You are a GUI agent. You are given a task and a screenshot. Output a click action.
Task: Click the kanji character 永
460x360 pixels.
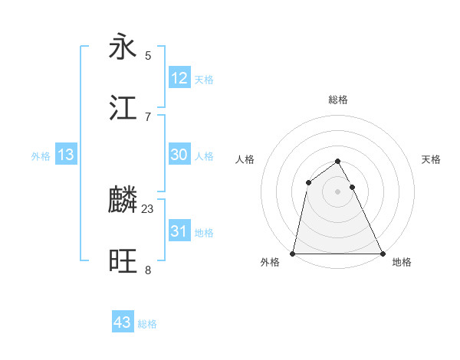123,47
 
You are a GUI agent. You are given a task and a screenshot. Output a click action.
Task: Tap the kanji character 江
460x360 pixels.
123,108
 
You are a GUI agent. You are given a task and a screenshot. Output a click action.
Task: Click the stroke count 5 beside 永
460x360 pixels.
148,55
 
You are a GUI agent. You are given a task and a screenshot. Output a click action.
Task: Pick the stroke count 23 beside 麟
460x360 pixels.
148,208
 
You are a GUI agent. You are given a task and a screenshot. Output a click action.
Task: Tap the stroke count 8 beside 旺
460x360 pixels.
148,270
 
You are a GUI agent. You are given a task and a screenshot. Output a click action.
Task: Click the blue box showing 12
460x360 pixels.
179,78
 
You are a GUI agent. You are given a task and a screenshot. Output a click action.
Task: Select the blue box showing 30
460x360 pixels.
179,155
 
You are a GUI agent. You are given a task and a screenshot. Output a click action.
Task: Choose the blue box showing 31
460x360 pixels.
179,231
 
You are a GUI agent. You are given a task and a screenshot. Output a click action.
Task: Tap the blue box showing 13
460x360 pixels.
66,155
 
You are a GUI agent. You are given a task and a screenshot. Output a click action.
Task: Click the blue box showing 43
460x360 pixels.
123,322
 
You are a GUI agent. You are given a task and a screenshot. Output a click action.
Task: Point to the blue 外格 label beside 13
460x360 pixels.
41,156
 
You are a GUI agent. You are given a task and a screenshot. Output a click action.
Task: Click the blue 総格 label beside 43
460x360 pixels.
147,324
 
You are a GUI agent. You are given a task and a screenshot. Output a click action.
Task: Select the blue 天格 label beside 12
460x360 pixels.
204,80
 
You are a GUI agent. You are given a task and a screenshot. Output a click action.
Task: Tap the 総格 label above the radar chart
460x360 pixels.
338,100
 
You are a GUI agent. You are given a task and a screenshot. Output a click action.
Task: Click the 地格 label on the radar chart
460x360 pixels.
402,262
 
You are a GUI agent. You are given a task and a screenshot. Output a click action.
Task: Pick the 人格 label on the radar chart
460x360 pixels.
245,159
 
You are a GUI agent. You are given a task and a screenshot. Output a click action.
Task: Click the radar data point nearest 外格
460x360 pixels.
293,254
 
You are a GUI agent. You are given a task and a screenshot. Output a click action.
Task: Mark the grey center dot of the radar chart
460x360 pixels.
338,191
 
